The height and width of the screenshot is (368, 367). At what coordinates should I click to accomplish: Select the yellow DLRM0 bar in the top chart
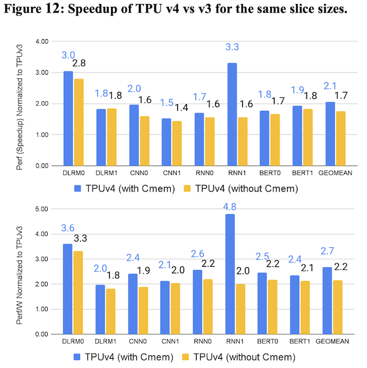point(79,122)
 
